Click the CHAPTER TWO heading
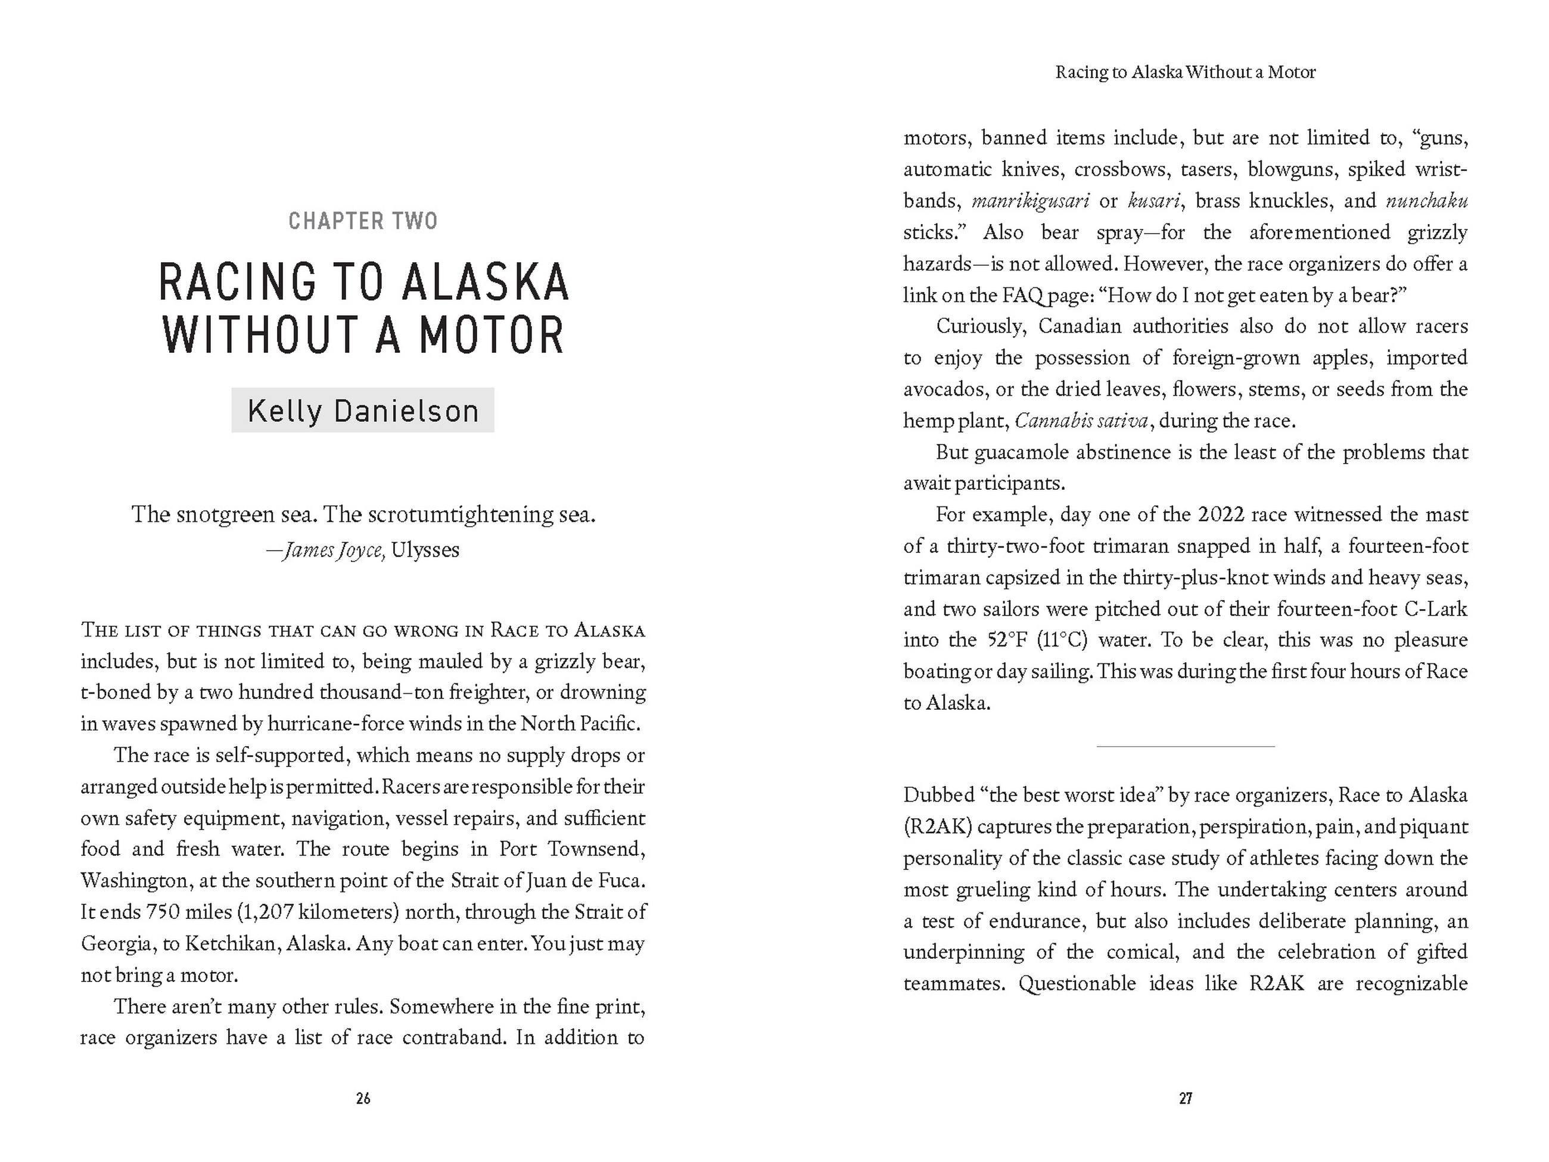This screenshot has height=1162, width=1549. tap(363, 221)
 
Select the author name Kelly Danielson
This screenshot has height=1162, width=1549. tap(363, 411)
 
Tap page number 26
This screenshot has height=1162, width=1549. tap(363, 1098)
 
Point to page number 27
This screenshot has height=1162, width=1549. tap(1185, 1098)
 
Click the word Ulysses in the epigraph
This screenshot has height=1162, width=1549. tap(425, 550)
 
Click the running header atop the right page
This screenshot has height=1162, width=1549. tap(1185, 72)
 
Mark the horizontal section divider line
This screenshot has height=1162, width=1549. tap(1185, 747)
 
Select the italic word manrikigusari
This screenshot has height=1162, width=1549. tap(1030, 201)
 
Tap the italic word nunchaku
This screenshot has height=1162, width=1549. tap(1426, 201)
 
